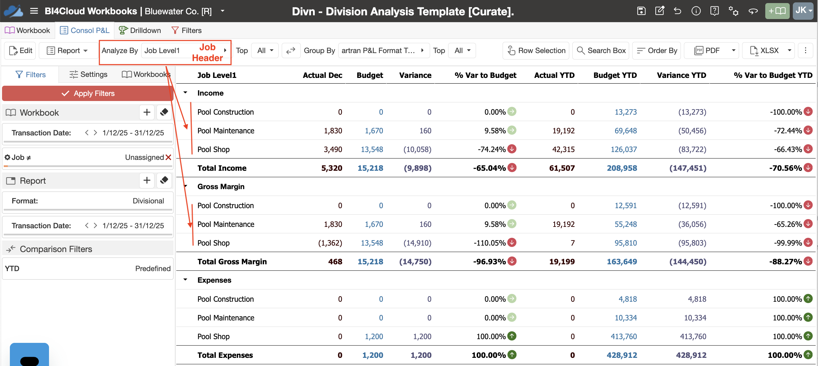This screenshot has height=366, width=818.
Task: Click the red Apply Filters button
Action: (88, 94)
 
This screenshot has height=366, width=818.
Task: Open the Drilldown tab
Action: (140, 31)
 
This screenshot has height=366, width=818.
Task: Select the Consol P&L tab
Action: (85, 31)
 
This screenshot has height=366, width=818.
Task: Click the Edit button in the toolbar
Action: (21, 51)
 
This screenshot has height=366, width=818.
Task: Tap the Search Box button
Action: (601, 51)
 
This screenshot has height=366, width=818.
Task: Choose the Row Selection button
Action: (536, 51)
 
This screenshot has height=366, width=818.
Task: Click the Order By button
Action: (657, 51)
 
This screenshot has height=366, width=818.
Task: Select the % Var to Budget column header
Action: (485, 75)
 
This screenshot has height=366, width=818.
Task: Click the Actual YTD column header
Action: (554, 75)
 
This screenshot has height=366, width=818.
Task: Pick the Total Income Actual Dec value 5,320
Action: (332, 168)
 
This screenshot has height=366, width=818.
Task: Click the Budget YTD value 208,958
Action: (622, 168)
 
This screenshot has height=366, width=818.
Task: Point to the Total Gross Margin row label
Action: (232, 262)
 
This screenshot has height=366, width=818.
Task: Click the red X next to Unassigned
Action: (168, 157)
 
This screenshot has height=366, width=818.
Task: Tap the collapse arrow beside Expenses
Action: (185, 280)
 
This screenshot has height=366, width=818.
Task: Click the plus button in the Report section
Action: (147, 180)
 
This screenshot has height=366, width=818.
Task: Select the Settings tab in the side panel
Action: (88, 74)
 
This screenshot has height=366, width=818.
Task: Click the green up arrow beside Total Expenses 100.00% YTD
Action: (808, 355)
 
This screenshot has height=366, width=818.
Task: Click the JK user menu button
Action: (803, 11)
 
